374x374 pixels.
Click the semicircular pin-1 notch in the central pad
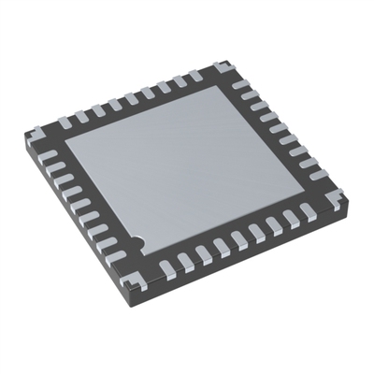137,243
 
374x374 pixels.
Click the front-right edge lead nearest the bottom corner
167,267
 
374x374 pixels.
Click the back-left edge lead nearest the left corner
65,122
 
